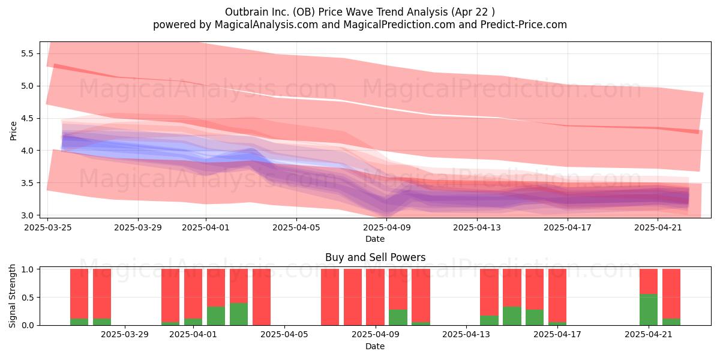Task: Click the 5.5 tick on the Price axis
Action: click(28, 53)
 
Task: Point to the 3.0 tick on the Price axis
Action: click(28, 215)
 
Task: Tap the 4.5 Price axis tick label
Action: click(28, 118)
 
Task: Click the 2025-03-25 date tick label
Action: click(48, 227)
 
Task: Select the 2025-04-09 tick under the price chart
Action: click(387, 227)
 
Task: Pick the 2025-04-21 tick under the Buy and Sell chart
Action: click(649, 335)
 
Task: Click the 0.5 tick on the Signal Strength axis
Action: click(28, 298)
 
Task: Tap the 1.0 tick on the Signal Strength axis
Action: click(28, 269)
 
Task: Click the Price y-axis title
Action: click(13, 131)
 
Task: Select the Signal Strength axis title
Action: click(12, 296)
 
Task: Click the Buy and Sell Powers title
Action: click(375, 257)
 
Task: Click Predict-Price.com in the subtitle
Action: click(524, 25)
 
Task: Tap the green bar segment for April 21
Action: click(649, 310)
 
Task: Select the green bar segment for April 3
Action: click(239, 314)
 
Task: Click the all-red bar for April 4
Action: click(262, 297)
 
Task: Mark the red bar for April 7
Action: click(330, 297)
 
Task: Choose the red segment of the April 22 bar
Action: click(671, 294)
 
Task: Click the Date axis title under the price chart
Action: click(375, 239)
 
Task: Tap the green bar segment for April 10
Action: click(421, 323)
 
